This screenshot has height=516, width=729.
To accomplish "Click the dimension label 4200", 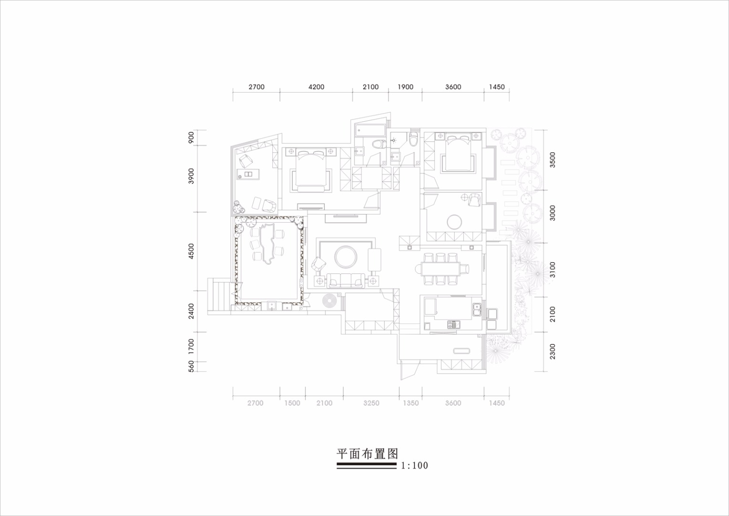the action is point(316,87).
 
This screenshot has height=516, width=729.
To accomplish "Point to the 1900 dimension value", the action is point(405,87).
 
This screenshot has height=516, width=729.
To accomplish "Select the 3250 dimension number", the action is point(371,403).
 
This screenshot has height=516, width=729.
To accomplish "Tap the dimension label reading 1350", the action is point(411,403).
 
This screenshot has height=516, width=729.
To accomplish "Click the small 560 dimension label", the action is point(191,366).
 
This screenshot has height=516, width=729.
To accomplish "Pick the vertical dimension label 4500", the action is point(191,251).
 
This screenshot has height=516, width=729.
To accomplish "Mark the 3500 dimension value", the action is point(552,160).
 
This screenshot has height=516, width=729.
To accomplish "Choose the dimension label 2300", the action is point(552,351).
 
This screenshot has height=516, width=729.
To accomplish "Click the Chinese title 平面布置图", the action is point(367,453).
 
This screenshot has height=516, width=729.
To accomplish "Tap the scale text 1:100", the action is point(414,465).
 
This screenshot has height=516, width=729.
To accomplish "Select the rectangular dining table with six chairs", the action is point(442,269).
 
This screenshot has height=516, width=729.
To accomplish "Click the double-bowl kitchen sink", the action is point(477,310).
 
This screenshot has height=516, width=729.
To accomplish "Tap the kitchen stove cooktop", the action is point(453,324).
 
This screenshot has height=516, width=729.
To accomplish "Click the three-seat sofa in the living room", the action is point(346,280).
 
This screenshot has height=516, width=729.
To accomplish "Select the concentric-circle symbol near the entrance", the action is point(331,301).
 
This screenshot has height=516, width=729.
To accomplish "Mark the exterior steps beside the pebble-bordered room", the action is point(219,294).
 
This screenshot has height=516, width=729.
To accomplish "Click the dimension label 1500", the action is point(292,403).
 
